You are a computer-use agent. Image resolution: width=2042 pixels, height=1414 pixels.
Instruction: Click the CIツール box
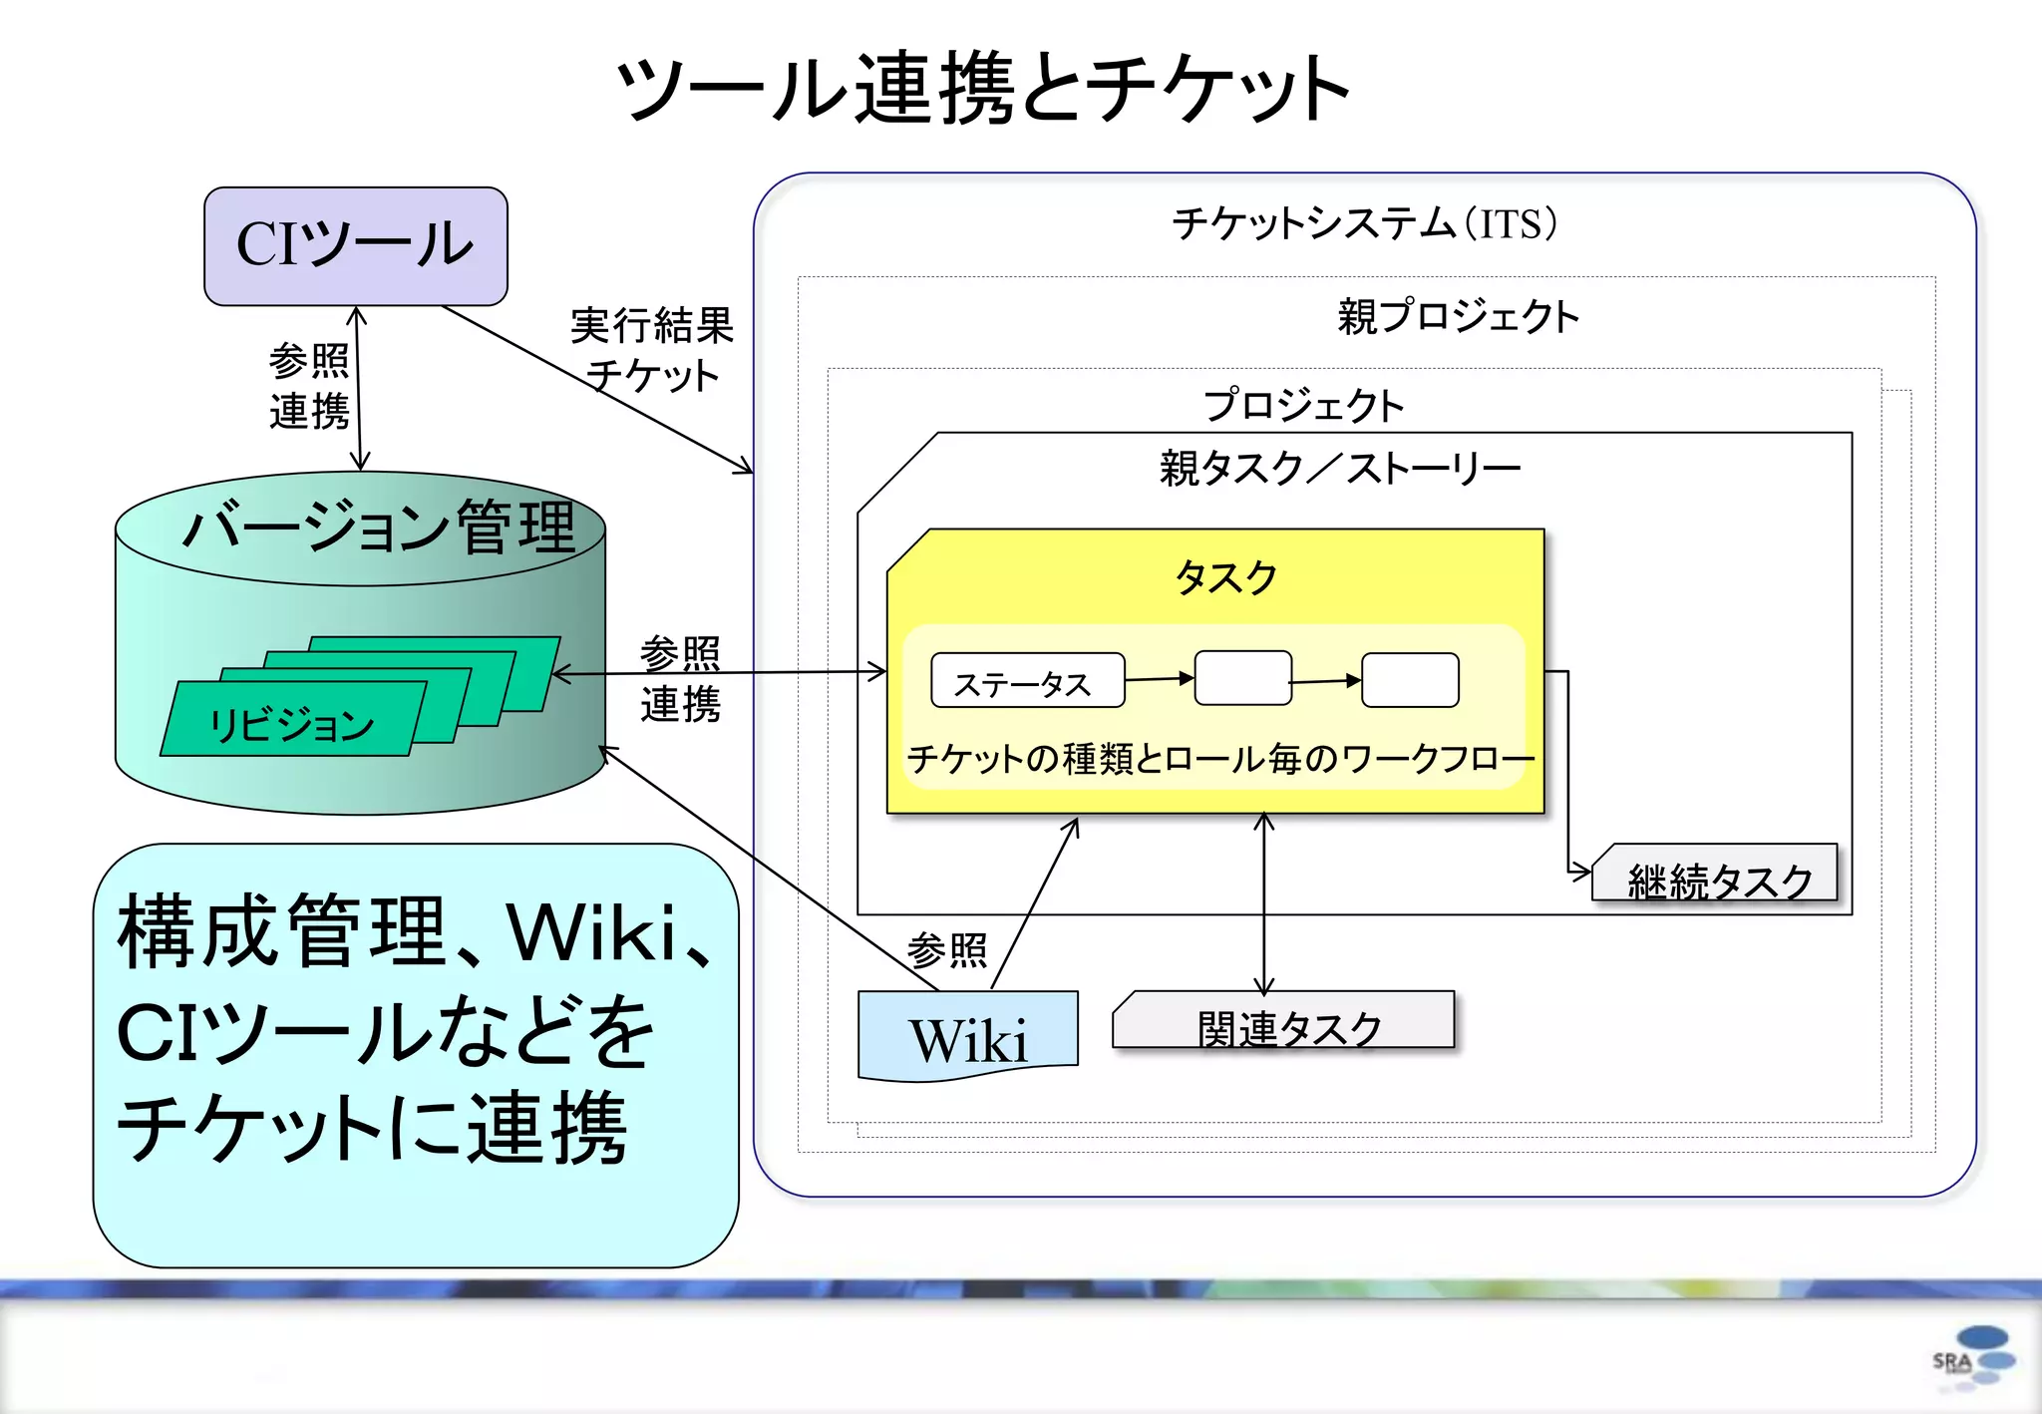tap(356, 245)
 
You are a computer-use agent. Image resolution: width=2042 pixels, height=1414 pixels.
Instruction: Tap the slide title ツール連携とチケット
tap(982, 90)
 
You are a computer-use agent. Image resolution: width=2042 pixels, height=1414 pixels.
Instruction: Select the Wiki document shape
tap(967, 1036)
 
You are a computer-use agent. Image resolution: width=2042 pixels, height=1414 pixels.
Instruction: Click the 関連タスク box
tap(1284, 1021)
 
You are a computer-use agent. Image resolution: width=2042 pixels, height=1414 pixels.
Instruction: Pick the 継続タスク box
tap(1716, 875)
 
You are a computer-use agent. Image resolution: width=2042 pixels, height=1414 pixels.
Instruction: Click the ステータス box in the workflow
tap(1027, 681)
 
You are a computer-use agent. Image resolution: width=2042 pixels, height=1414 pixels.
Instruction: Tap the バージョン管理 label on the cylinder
tap(379, 527)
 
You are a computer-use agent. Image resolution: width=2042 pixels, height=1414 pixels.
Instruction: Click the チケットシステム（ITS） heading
tap(1364, 223)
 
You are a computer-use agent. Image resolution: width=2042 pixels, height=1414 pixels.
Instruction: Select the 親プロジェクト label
tap(1458, 317)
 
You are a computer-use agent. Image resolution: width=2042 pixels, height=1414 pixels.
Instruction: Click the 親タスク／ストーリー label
tap(1339, 468)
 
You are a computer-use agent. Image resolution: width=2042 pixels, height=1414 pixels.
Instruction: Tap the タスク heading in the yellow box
tap(1225, 577)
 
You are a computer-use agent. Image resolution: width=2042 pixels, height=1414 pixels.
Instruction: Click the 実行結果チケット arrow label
tap(652, 349)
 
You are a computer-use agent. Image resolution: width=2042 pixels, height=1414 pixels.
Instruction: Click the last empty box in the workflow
tap(1410, 680)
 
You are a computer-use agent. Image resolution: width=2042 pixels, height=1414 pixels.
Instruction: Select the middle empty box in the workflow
tap(1243, 679)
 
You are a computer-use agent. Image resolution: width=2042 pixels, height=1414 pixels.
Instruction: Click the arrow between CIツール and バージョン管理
tap(358, 389)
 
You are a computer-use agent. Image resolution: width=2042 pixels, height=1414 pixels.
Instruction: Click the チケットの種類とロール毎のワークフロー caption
tap(1219, 760)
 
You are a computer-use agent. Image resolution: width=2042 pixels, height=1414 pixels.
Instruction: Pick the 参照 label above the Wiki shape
tap(947, 950)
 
